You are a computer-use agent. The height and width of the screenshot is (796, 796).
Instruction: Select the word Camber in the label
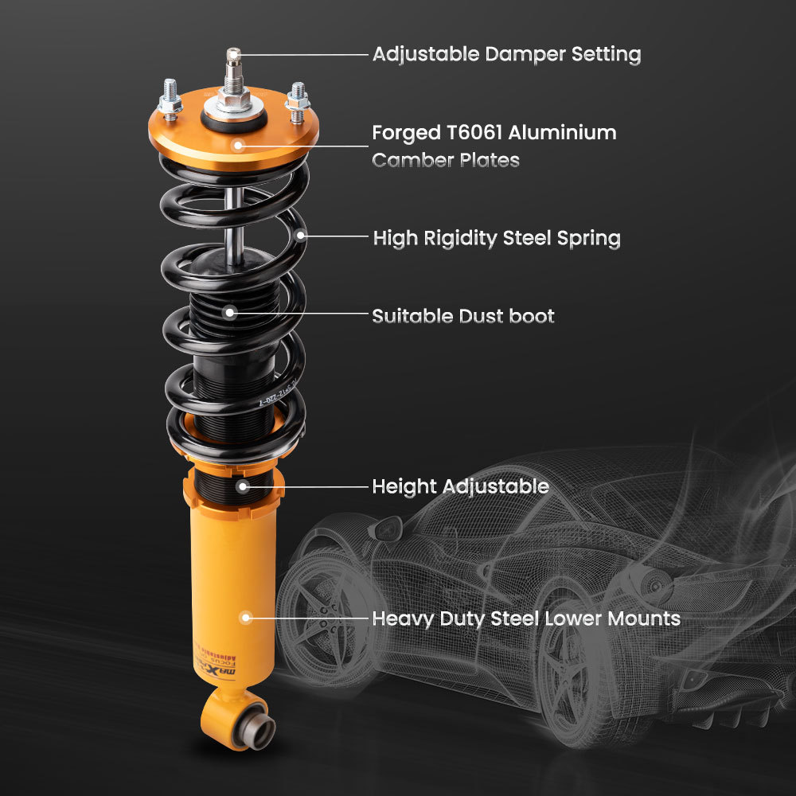[x=412, y=160]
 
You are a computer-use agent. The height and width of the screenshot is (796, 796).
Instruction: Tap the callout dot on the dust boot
[x=229, y=313]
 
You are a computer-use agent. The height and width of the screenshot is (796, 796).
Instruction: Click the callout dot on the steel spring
[x=301, y=236]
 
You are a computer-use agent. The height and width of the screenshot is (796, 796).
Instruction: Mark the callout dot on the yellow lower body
[x=245, y=617]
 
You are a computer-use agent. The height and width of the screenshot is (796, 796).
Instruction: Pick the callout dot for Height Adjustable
[x=242, y=485]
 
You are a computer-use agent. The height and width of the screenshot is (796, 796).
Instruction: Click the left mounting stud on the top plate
[x=170, y=97]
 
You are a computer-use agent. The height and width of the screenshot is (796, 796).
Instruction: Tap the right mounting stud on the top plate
[x=297, y=97]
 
